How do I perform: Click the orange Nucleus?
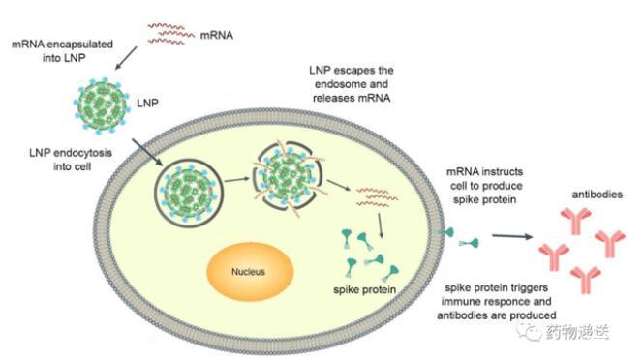[x=250, y=271]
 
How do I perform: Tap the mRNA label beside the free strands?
[x=217, y=35]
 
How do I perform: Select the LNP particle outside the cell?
[x=101, y=105]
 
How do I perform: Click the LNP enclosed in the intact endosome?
[x=189, y=193]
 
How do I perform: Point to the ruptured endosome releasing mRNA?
[x=288, y=177]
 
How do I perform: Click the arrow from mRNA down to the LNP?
[x=126, y=58]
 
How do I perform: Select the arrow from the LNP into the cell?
[x=147, y=152]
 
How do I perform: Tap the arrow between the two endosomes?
[x=237, y=179]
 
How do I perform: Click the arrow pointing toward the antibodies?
[x=512, y=236]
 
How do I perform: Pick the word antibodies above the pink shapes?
[x=598, y=195]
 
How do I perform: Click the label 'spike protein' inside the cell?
[x=365, y=289]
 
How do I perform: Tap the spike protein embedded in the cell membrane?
[x=445, y=233]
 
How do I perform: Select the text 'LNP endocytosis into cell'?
[x=71, y=160]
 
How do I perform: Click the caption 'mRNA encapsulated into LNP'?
[x=62, y=51]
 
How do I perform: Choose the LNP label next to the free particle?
[x=147, y=103]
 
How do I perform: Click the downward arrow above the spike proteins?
[x=381, y=226]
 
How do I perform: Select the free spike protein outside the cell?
[x=469, y=243]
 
